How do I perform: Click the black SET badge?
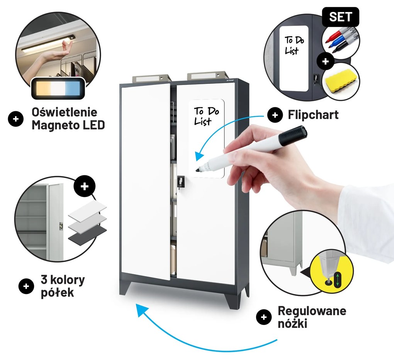pyautogui.click(x=340, y=17)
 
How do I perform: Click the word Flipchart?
pyautogui.click(x=313, y=115)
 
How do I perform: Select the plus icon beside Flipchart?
pyautogui.click(x=275, y=115)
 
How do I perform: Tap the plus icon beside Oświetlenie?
pyautogui.click(x=15, y=119)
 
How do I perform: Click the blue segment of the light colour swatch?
pyautogui.click(x=72, y=88)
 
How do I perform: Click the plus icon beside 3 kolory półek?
pyautogui.click(x=26, y=286)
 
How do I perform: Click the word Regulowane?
pyautogui.click(x=312, y=311)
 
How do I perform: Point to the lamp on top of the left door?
pyautogui.click(x=151, y=78)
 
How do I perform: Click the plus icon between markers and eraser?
pyautogui.click(x=325, y=61)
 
